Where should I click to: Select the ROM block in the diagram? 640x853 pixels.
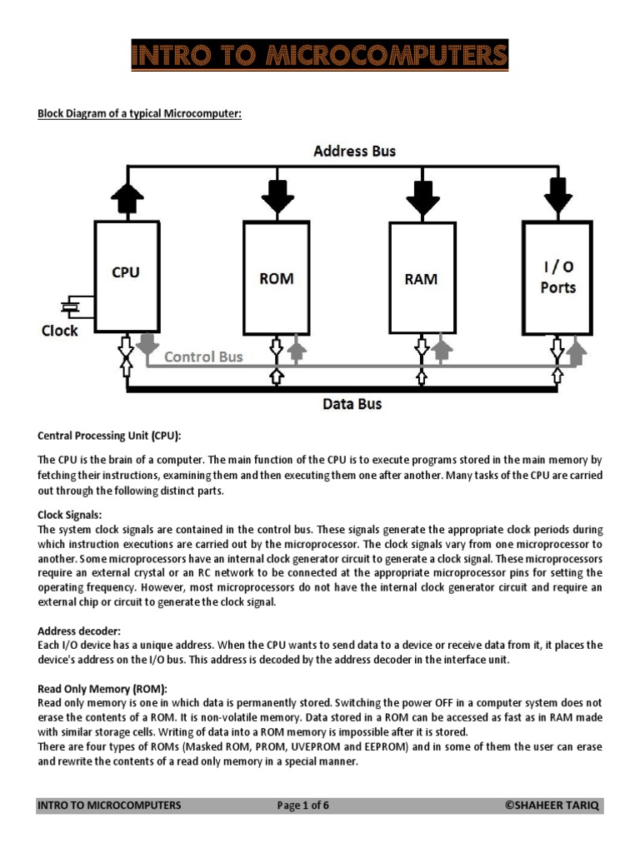tap(276, 277)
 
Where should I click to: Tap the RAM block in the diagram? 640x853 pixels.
tap(422, 277)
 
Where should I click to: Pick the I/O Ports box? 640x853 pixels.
tap(557, 277)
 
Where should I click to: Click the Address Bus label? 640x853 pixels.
tap(355, 151)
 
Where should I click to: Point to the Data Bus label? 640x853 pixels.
tap(352, 404)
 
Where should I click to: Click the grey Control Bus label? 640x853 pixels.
tap(203, 357)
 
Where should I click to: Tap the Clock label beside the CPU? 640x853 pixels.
tap(60, 331)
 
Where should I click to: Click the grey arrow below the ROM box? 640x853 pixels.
tap(296, 351)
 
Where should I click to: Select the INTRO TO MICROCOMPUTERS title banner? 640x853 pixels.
tap(320, 55)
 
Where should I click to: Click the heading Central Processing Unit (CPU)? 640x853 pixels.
tap(109, 436)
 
